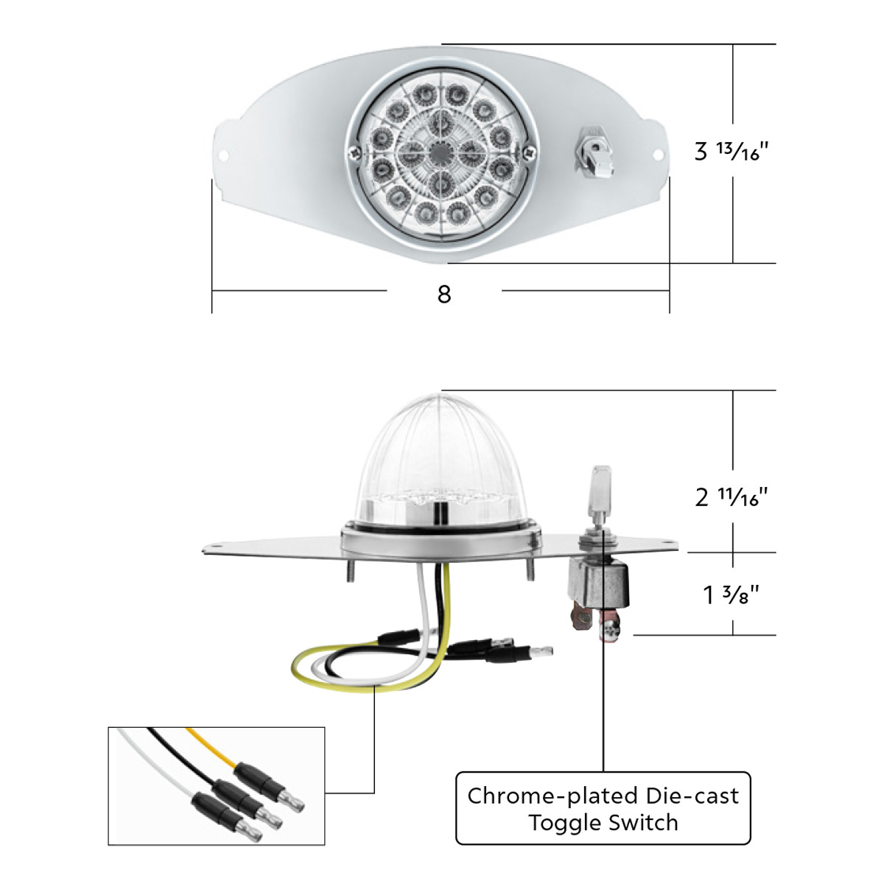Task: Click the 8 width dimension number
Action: pos(443,294)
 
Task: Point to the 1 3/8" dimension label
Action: pos(731,594)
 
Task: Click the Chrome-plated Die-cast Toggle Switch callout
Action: pos(603,808)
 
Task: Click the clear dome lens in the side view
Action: pos(439,457)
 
